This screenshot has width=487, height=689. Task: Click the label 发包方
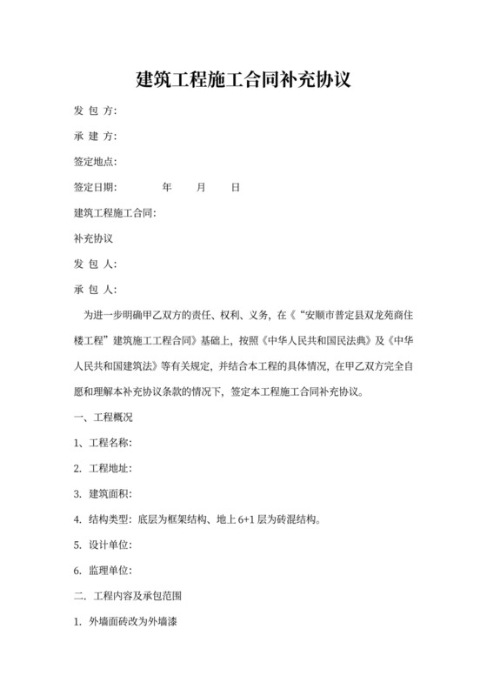95,111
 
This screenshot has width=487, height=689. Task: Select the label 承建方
95,137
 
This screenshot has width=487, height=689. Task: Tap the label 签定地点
95,162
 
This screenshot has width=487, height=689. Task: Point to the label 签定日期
95,187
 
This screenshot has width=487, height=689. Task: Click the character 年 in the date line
167,187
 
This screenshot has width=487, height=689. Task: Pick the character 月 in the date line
201,187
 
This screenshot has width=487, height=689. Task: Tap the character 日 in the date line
235,187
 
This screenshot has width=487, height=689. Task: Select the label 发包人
95,264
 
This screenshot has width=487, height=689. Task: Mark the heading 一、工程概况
103,418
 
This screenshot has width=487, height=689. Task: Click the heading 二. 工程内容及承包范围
129,597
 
